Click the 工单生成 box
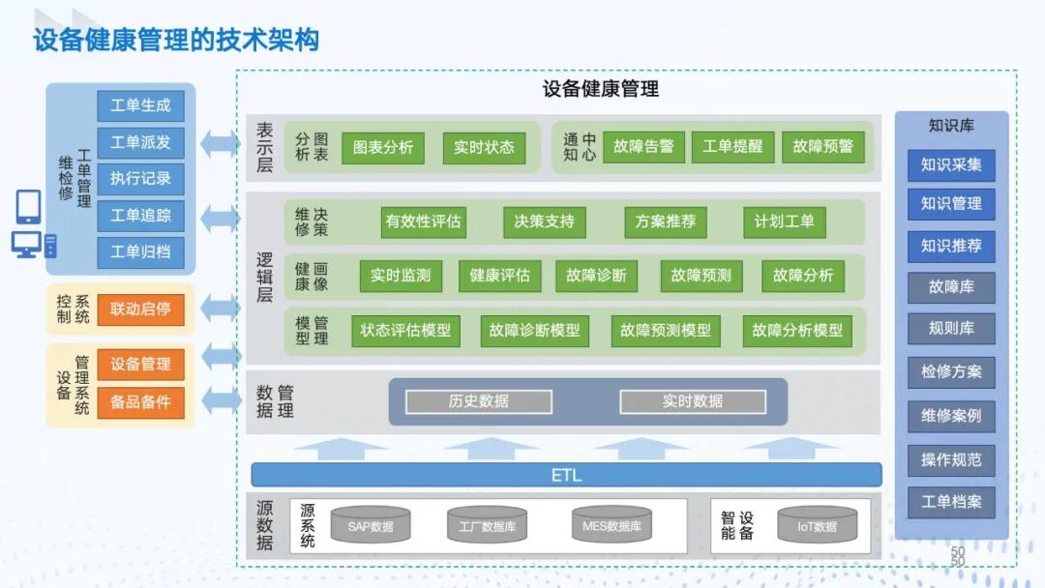click(x=140, y=105)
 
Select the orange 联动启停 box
click(x=140, y=309)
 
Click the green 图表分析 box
click(x=382, y=148)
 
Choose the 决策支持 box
click(x=545, y=221)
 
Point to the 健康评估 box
click(x=499, y=276)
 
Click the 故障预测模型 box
click(x=666, y=331)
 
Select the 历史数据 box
click(x=478, y=401)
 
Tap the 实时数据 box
click(x=692, y=401)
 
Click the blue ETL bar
click(x=566, y=475)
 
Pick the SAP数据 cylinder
click(x=371, y=526)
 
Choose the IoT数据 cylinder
click(x=817, y=526)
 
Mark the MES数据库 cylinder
click(x=612, y=526)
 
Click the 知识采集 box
click(x=950, y=164)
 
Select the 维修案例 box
click(x=950, y=417)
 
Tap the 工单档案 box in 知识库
click(x=950, y=502)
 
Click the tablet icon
click(x=29, y=206)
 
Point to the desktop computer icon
click(x=29, y=245)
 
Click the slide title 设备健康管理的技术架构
click(x=176, y=40)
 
